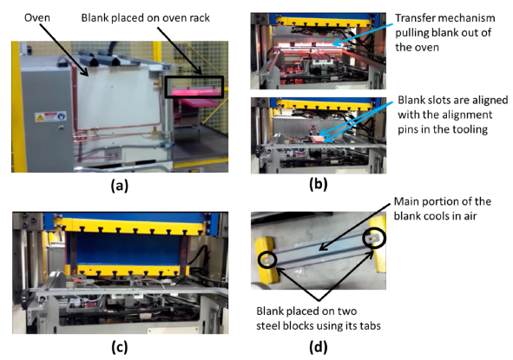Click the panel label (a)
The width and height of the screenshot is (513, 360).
(120, 186)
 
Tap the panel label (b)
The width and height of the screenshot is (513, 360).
(319, 185)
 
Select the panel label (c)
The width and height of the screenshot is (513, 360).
(120, 347)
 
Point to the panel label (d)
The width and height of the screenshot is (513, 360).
(319, 347)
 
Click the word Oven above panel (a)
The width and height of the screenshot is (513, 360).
(37, 17)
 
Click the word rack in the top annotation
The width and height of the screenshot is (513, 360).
(198, 17)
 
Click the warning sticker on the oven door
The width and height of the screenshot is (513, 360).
(50, 116)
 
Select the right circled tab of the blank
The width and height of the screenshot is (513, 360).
(374, 238)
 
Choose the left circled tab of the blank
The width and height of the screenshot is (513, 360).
(266, 260)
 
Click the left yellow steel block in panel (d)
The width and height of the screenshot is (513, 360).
(266, 259)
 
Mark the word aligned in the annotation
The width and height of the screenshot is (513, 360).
(489, 101)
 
